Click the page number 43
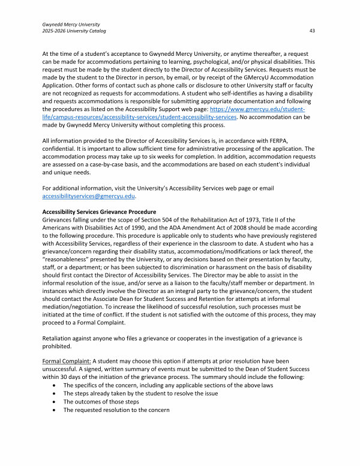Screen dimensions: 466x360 pyautogui.click(x=313, y=31)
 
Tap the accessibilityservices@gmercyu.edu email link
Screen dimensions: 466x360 pyautogui.click(x=89, y=196)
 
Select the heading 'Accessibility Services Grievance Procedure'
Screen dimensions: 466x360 pyautogui.click(x=99, y=211)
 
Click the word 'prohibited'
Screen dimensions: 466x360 pyautogui.click(x=58, y=346)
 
